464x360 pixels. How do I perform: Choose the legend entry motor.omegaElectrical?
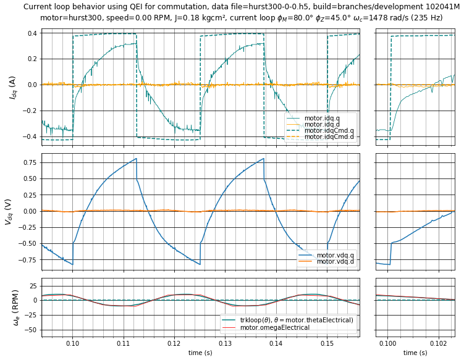[x=274, y=327]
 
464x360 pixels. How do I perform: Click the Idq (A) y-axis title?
[x=12, y=88]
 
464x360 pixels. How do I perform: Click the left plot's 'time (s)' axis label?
[x=200, y=353]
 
